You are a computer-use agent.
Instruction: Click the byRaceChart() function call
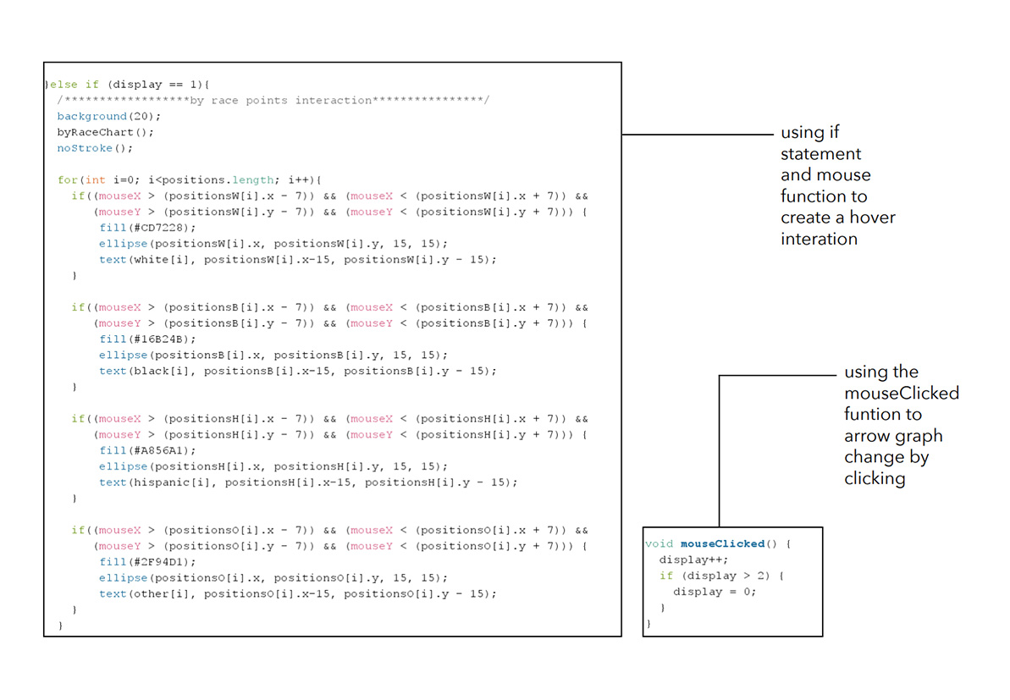[105, 132]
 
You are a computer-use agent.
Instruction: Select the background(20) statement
[108, 116]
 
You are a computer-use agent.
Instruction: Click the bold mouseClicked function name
[722, 543]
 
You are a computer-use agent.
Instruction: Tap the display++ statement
[693, 559]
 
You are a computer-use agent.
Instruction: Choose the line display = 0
[715, 592]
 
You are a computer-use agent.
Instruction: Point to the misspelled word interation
[819, 239]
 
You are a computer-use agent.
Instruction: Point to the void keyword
[659, 543]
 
